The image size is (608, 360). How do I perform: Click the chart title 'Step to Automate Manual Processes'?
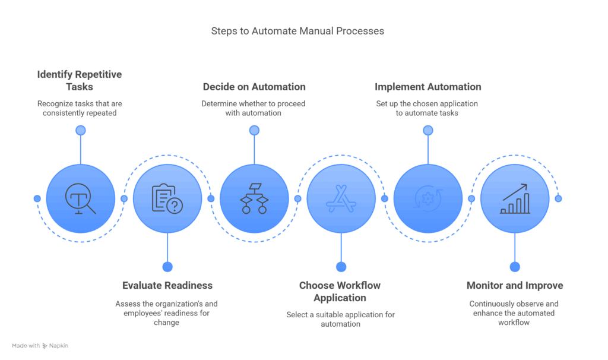point(297,31)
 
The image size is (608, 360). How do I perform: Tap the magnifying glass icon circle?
point(81,198)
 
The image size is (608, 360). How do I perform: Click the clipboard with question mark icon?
point(167,198)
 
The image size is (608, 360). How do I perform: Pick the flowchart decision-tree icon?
point(254,198)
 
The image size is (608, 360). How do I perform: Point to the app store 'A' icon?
point(341,198)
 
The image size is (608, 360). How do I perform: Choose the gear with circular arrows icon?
point(427,198)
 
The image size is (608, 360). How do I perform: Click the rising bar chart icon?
point(515,198)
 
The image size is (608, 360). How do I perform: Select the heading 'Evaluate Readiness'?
point(167,285)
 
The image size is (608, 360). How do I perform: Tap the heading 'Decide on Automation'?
point(254,87)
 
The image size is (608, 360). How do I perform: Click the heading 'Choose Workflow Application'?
point(340,291)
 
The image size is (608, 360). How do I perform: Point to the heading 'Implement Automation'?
point(427,87)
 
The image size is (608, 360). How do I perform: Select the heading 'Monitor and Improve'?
point(515,285)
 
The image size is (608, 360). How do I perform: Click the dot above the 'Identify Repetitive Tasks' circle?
point(81,130)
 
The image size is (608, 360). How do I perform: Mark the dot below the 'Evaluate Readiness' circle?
point(167,267)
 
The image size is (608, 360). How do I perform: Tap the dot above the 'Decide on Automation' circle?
point(254,130)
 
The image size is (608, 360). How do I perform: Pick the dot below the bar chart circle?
point(515,267)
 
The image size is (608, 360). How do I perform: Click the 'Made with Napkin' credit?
point(40,345)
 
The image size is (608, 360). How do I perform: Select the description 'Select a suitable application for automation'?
point(340,319)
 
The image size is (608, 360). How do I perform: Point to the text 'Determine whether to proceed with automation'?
point(254,108)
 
